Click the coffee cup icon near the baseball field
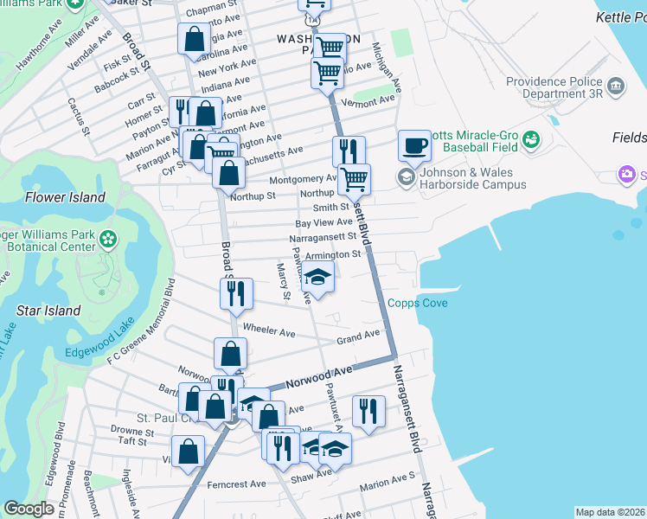414,145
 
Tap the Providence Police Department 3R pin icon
617,86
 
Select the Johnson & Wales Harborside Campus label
472,178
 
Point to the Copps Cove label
418,303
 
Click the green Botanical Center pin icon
108,238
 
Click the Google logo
29,509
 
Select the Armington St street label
332,254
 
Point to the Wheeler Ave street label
269,331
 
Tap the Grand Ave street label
358,335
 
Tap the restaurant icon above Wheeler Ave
235,294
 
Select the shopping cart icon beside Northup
354,180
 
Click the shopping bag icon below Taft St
188,452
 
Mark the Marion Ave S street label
388,478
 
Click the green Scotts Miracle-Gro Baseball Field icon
531,138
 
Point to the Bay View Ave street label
323,222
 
